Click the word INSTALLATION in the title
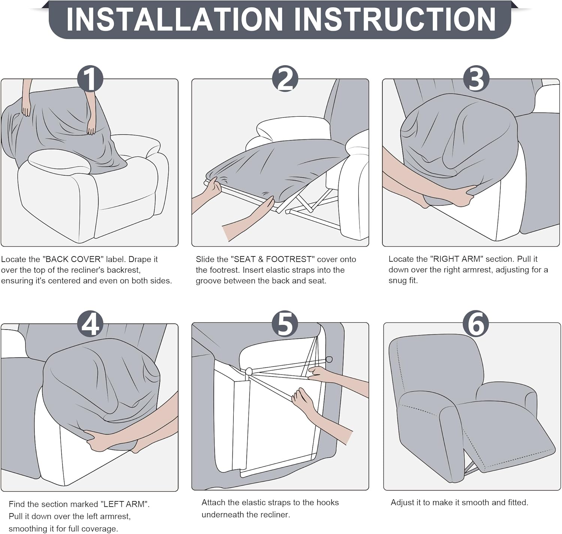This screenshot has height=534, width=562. [x=175, y=20]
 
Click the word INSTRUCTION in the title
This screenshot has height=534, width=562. [x=395, y=20]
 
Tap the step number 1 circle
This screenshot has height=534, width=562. [x=90, y=79]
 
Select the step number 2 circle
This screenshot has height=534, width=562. [x=285, y=79]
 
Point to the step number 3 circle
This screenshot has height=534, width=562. [x=476, y=79]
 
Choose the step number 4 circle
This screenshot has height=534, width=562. [x=90, y=324]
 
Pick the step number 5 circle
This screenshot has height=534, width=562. [x=285, y=324]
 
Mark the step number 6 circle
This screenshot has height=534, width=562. [x=476, y=324]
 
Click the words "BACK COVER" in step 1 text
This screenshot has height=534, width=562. [x=73, y=259]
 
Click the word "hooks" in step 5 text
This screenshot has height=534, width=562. [x=327, y=502]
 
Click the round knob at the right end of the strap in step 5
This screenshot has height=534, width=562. [x=329, y=359]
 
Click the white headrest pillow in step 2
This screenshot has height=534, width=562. [x=293, y=128]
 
